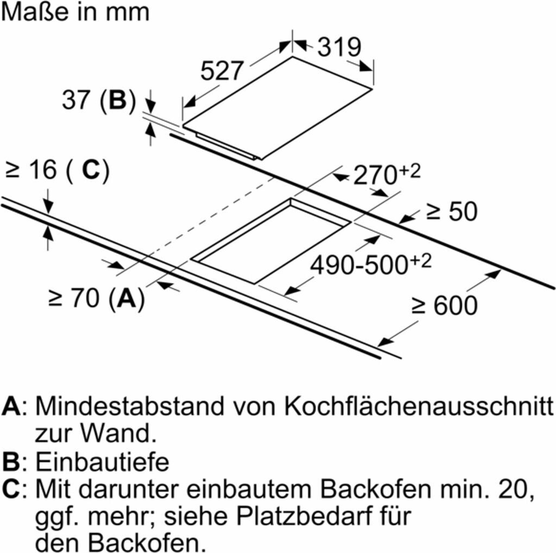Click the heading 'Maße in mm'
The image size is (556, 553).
[x=75, y=12]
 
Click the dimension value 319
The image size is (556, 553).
[x=339, y=47]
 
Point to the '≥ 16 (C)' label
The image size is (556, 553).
[x=57, y=171]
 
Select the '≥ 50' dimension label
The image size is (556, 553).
[x=451, y=211]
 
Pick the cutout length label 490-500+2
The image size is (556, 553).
[x=370, y=265]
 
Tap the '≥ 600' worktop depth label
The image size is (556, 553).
[x=445, y=305]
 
